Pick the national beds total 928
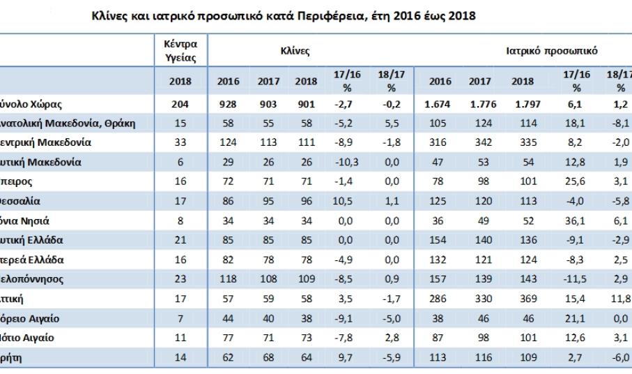[x=228, y=105]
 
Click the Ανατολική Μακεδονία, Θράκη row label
[x=70, y=124]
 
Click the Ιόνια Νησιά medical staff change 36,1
[x=576, y=220]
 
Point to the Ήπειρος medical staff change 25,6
[x=576, y=182]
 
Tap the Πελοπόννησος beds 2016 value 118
[x=228, y=279]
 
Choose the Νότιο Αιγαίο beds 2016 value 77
[x=228, y=338]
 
